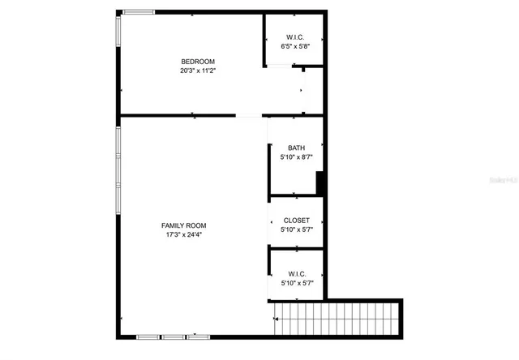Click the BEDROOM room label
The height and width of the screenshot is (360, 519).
tap(197, 62)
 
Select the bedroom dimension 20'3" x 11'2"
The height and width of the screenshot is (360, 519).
tap(197, 71)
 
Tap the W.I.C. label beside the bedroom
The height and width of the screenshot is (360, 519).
tap(295, 37)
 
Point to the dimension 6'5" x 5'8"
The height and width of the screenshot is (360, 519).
tap(295, 47)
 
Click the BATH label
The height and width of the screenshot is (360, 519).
tap(296, 148)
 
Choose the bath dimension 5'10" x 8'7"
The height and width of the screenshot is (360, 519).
tap(296, 156)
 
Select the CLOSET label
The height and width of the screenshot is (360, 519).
tap(296, 221)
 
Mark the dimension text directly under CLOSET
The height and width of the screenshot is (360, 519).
tap(296, 230)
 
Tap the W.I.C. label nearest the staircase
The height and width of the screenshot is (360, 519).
tap(296, 274)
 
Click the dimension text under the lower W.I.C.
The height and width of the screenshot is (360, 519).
tap(296, 284)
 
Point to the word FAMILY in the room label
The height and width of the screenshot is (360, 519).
tap(173, 225)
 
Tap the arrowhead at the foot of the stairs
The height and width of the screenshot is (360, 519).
tap(277, 319)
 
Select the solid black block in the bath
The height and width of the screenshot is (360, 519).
tap(320, 183)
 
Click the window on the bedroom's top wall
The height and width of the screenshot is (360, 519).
tap(138, 11)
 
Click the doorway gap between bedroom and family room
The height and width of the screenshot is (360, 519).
tap(250, 116)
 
